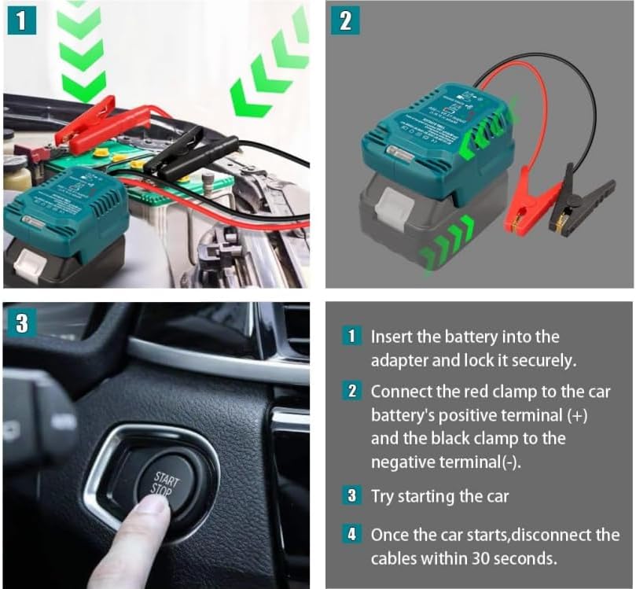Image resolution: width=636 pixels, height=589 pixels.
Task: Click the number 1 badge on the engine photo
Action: tap(22, 21)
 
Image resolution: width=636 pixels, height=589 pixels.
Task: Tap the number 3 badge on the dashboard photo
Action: tap(22, 322)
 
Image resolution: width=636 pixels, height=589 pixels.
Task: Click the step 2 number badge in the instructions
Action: tap(353, 391)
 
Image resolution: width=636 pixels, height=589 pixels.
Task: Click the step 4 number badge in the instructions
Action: tap(353, 535)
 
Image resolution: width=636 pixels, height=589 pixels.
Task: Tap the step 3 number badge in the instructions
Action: tap(353, 496)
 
